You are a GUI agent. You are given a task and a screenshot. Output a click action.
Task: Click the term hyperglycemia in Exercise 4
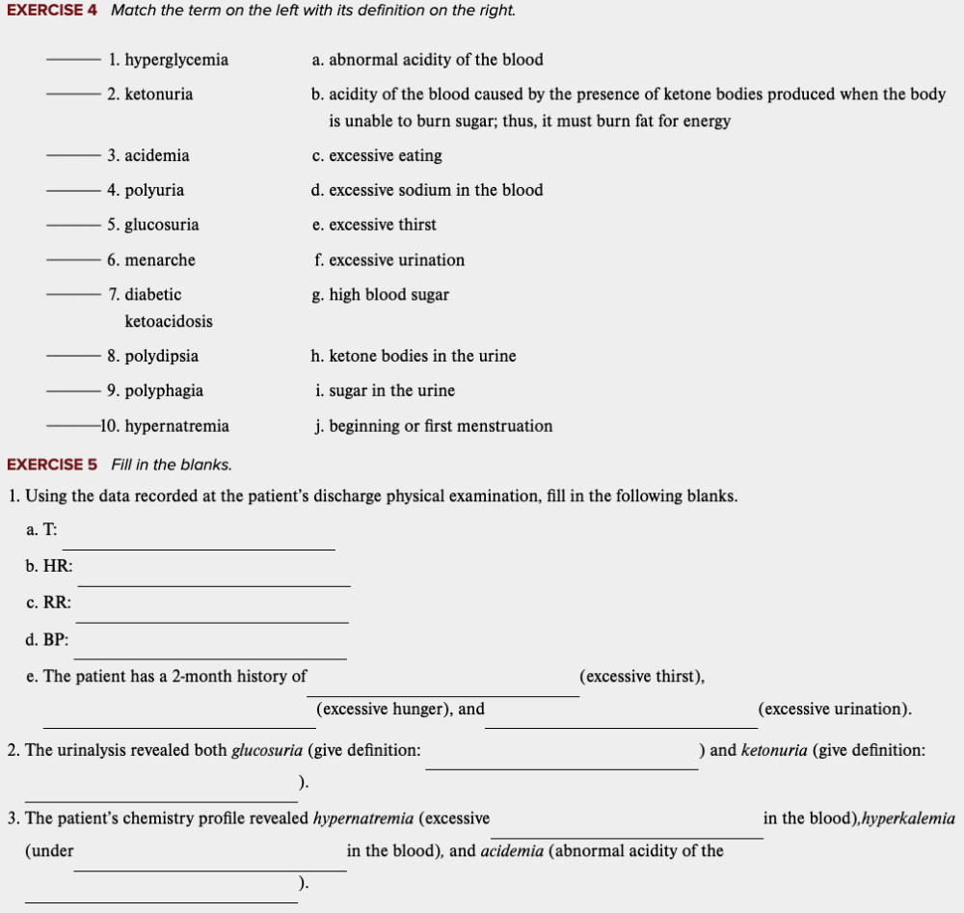click(x=175, y=60)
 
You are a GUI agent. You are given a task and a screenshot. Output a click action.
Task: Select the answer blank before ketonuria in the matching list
click(x=72, y=94)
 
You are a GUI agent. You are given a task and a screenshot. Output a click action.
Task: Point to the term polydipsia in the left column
click(x=161, y=356)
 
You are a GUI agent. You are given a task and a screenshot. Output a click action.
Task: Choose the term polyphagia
click(x=163, y=390)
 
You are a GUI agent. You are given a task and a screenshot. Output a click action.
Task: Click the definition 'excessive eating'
click(x=385, y=155)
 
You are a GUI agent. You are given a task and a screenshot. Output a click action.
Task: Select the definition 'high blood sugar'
click(x=388, y=295)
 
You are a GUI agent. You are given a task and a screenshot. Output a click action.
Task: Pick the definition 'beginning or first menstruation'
click(x=441, y=426)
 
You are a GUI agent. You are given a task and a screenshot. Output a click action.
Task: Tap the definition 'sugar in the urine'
click(x=391, y=390)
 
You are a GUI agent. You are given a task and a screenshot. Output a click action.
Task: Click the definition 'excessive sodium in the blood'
click(x=436, y=190)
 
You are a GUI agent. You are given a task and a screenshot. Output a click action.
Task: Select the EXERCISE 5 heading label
click(x=52, y=465)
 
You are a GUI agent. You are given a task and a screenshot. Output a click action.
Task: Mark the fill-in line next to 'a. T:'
click(x=198, y=548)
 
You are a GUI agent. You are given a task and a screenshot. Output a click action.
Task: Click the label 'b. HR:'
click(x=49, y=566)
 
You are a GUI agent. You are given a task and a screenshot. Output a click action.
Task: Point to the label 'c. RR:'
click(x=48, y=603)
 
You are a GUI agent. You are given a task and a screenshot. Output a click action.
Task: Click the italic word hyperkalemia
click(x=908, y=819)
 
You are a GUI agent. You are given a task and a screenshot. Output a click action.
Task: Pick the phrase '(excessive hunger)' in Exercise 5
click(x=384, y=709)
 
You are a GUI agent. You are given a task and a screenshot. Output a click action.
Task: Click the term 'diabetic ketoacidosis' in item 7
click(x=161, y=308)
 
